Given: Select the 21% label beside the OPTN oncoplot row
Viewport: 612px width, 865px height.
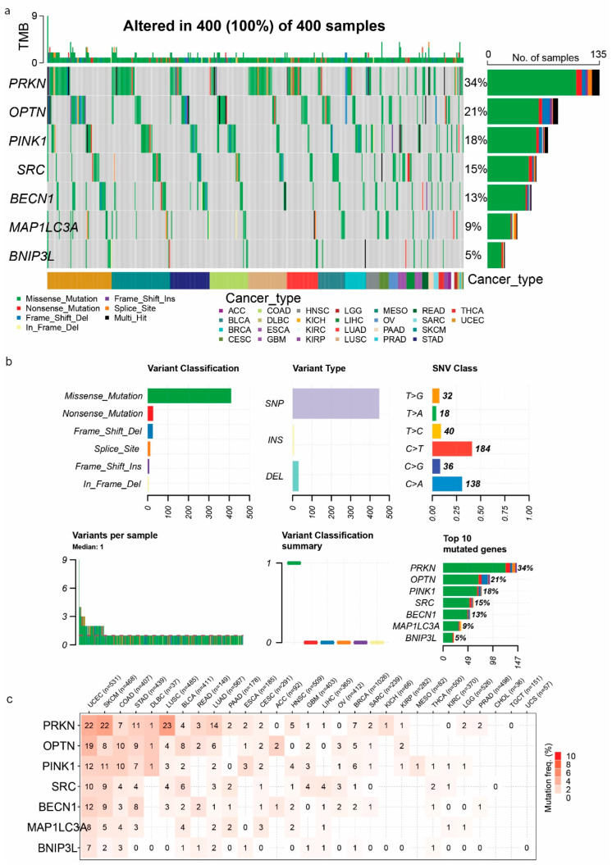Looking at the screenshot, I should tap(475, 112).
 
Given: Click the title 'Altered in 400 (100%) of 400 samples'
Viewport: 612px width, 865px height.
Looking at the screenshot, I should tap(253, 26).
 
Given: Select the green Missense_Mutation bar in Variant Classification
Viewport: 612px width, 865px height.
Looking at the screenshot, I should tap(189, 396).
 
